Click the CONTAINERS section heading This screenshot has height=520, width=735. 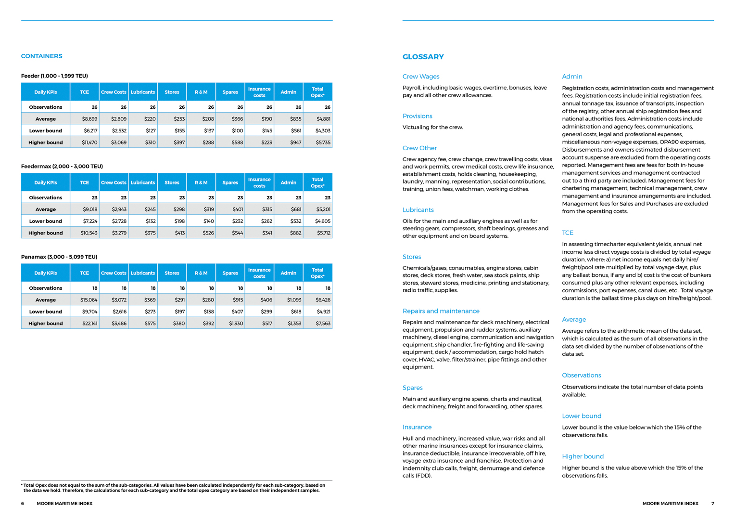(x=41, y=56)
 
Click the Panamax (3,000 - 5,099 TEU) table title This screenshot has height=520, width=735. (x=59, y=257)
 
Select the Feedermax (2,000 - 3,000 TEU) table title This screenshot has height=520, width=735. (x=62, y=167)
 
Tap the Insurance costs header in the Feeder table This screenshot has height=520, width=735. (x=259, y=92)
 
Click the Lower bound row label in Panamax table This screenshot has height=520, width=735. (x=45, y=312)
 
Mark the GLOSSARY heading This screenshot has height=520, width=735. (x=423, y=57)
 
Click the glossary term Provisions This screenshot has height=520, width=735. (x=417, y=116)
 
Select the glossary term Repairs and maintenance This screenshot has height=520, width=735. (x=441, y=311)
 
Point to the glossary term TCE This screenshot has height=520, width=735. (x=568, y=233)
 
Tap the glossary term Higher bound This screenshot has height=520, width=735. (x=583, y=456)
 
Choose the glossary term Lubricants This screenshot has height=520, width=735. (x=418, y=210)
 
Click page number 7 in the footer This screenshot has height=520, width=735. (x=713, y=504)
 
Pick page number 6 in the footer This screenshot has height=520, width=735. (x=23, y=504)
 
